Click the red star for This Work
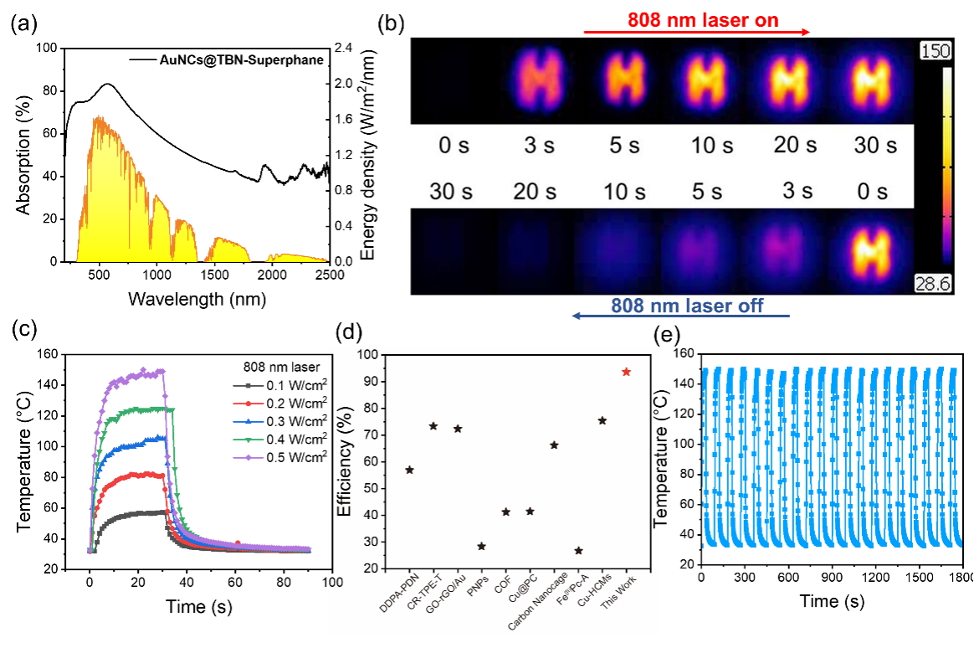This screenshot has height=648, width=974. (x=626, y=372)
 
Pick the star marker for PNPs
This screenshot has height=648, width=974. (x=481, y=546)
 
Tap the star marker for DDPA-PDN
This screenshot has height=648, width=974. (x=409, y=471)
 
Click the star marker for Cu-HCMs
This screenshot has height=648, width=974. (x=602, y=420)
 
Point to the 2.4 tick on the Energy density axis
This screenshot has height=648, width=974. (x=342, y=49)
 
